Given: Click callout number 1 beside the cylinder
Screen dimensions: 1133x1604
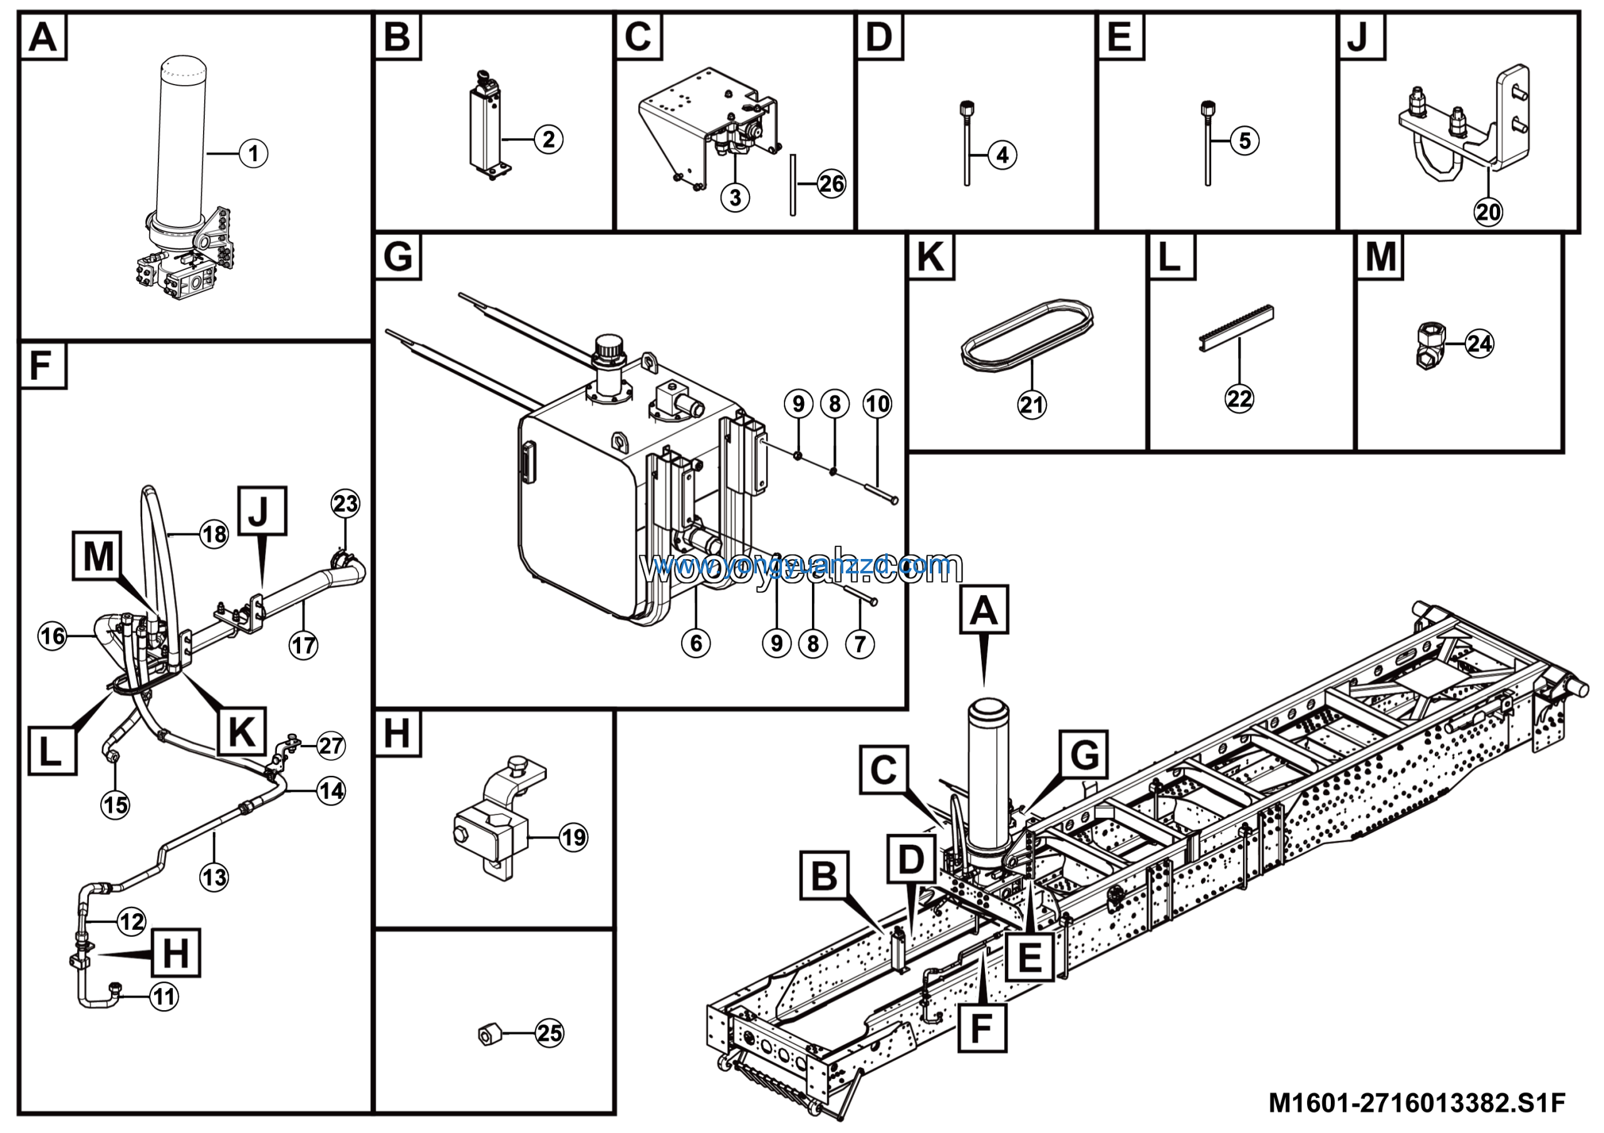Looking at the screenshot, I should pos(253,153).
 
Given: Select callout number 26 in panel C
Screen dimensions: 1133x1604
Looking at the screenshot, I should pos(831,184).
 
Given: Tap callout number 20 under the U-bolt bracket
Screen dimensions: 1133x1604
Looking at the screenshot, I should pos(1487,211).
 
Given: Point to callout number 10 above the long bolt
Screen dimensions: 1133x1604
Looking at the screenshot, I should pos(877,404).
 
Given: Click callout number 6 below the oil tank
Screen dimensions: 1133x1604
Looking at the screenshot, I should pos(696,644).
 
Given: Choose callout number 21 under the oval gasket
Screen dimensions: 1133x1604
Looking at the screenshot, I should pos(1032,405).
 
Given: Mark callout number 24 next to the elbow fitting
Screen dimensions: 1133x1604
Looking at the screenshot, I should pos(1479,343).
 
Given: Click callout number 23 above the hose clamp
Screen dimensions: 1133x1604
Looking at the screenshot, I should pos(346,504).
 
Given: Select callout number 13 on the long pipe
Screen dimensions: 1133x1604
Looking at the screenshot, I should pos(214,877).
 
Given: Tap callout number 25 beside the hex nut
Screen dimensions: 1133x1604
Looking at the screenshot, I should pos(549,1033).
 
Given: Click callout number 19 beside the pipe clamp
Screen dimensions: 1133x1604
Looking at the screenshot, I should pos(573,837).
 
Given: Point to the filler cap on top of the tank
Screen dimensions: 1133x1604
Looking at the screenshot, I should pos(607,347).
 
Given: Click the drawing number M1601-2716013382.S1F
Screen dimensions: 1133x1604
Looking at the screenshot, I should pos(1417,1103).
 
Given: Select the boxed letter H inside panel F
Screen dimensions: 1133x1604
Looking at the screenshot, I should pos(175,953).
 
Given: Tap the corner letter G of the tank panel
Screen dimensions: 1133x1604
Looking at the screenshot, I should pos(397,256).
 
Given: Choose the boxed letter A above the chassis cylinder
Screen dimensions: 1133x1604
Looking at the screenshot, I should pos(984,610).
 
